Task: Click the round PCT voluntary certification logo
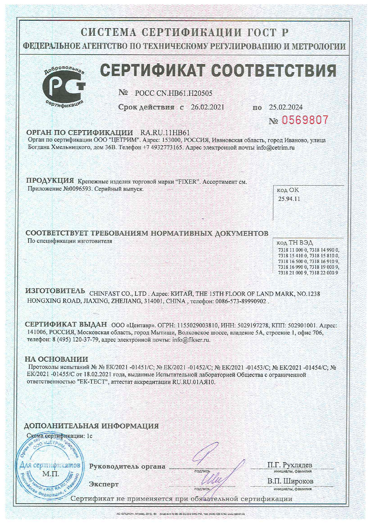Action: coord(64,85)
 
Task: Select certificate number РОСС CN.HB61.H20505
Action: coord(174,93)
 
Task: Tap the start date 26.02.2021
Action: coord(208,107)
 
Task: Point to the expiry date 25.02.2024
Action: coord(286,107)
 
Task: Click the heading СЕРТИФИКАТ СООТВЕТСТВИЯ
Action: coord(218,71)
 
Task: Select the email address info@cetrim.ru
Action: coord(275,148)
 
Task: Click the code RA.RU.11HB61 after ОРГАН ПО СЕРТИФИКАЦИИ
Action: coord(165,132)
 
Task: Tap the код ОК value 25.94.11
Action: coord(289,199)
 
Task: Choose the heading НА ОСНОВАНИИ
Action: coord(56,359)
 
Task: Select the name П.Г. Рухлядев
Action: coord(289,465)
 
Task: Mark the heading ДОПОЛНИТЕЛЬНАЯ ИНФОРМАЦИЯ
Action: coord(91,426)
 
